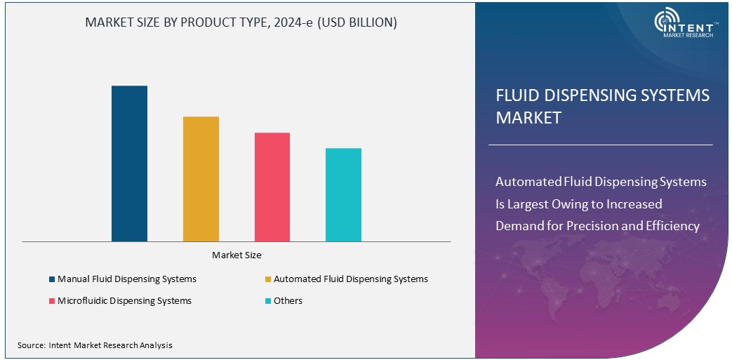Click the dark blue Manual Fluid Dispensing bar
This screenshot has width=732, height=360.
coord(129,164)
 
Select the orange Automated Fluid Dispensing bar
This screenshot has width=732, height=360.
coord(201,179)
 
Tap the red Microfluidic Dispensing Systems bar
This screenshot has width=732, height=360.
coord(272,187)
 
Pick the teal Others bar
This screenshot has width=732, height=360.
coord(343,194)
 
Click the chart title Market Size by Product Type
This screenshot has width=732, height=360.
coord(241,22)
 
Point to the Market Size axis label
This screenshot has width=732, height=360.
coord(237,255)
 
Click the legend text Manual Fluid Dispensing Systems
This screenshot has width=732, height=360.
coord(127,279)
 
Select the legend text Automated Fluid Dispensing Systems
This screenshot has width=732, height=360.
coord(350,279)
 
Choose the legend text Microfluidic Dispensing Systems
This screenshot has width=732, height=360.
coord(124,301)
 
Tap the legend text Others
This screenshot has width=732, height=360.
coord(288,301)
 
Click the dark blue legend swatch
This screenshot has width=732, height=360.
coord(52,279)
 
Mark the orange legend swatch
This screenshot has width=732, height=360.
coord(268,279)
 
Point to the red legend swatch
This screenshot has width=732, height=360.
coord(52,301)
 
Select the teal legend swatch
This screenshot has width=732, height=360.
coord(268,301)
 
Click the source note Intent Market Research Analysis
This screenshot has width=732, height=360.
coord(95,345)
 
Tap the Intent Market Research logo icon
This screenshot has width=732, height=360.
coord(665,21)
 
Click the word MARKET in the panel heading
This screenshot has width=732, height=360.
coord(528,117)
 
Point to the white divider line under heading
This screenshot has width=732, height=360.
coord(600,145)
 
